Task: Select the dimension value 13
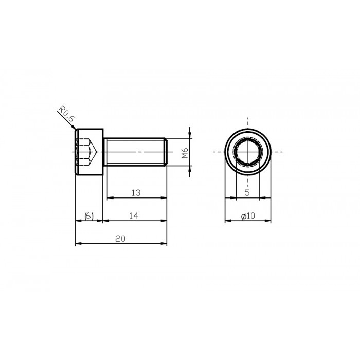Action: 136,193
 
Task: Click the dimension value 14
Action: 134,217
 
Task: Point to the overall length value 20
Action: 120,239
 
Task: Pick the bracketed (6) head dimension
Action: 88,217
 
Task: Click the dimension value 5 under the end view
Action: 247,193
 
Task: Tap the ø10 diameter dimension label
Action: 248,217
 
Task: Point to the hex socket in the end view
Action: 247,152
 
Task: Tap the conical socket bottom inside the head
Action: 94,152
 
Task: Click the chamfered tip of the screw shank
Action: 166,152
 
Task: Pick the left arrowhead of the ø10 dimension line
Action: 227,221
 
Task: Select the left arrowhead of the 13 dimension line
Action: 108,197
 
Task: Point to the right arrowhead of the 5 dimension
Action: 257,197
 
